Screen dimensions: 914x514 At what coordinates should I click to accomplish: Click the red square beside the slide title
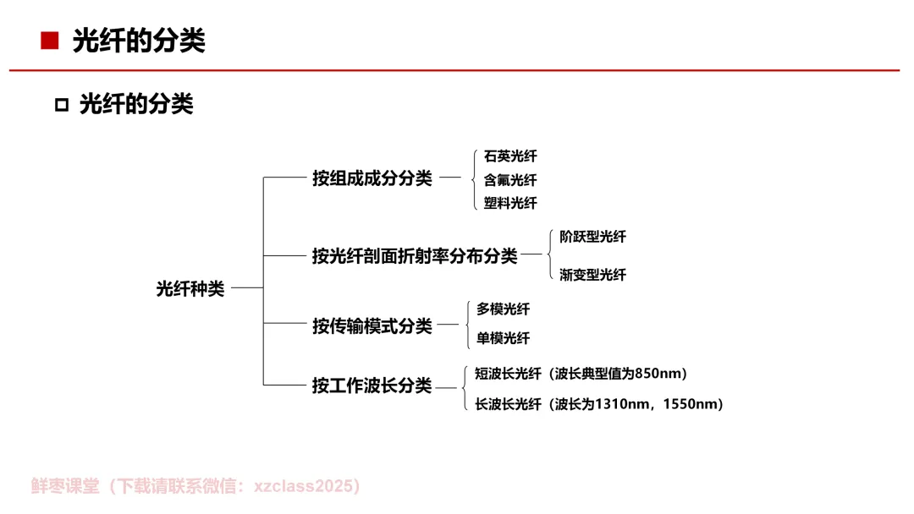click(50, 41)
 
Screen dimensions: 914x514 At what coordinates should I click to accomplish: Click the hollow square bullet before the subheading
click(61, 106)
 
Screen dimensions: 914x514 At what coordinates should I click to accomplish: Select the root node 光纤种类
click(190, 288)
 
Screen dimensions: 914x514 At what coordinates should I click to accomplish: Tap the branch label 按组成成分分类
click(372, 178)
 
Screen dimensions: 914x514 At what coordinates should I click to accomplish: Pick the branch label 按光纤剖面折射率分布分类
click(415, 255)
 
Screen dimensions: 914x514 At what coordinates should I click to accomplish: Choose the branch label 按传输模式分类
click(372, 325)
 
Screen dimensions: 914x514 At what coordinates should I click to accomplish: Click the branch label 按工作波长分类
click(372, 385)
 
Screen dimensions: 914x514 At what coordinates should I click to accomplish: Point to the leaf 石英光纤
click(510, 156)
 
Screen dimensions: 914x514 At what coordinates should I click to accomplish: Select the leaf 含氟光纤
click(510, 180)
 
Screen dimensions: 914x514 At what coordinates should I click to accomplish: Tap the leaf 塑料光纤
click(510, 203)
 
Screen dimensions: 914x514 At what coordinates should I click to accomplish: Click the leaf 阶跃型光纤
click(592, 237)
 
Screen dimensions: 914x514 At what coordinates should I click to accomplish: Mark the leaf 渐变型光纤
click(592, 275)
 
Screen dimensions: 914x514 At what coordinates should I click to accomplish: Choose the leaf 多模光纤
click(503, 309)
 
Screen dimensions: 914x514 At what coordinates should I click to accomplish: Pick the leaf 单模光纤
click(503, 338)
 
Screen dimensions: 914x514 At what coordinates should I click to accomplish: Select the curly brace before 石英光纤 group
click(475, 178)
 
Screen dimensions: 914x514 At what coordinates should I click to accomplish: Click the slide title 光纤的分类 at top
click(139, 41)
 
